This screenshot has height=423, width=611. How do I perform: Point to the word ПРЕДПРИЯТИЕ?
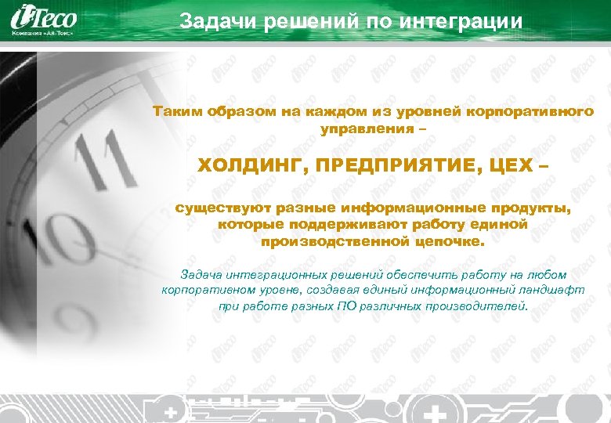(385, 167)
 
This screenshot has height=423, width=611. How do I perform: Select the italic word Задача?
(201, 275)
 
